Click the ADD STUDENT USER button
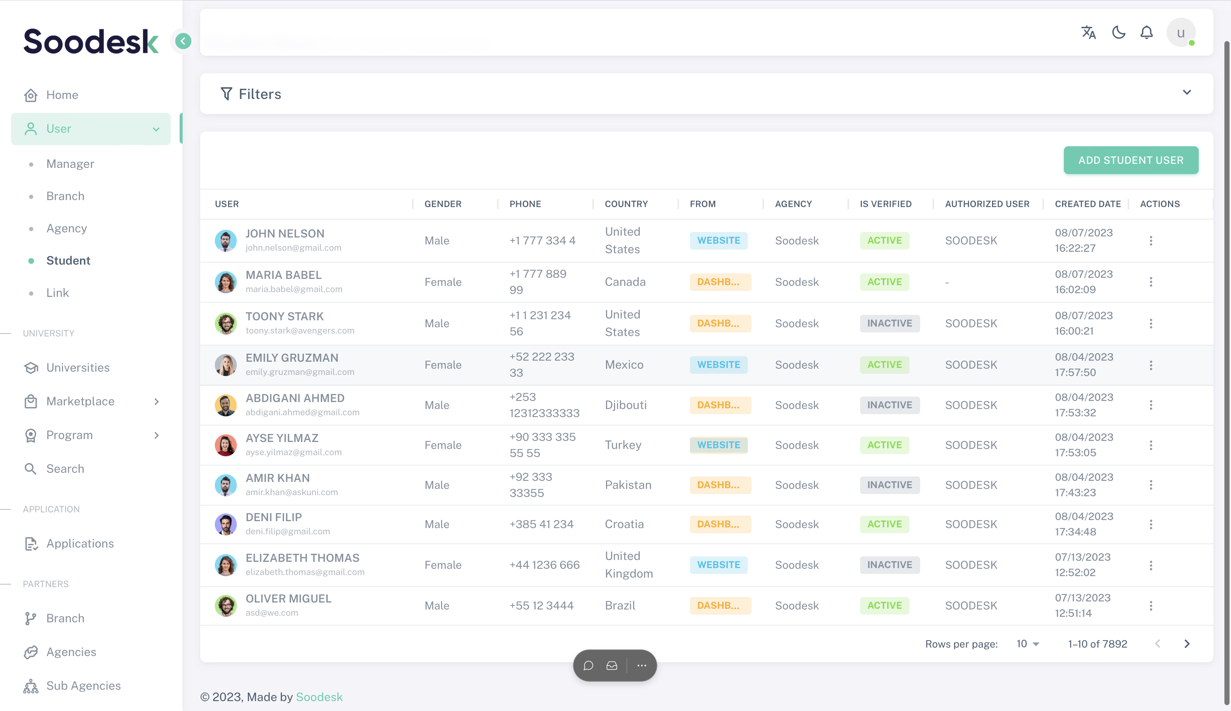pos(1131,160)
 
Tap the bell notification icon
pos(1146,33)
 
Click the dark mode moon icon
pos(1118,33)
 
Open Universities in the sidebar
pos(78,368)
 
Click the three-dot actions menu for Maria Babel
pos(1150,282)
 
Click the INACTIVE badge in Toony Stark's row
pos(889,323)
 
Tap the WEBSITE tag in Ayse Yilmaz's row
pos(718,445)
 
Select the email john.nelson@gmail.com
pos(293,248)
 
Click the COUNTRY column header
pos(626,204)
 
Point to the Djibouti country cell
pos(625,405)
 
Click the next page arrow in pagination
pos(1187,644)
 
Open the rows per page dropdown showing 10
pos(1028,644)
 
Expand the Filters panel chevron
pos(1187,92)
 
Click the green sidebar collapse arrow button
pos(183,41)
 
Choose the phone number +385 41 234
pos(541,524)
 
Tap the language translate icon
pos(1088,33)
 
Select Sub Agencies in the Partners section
pos(83,686)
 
